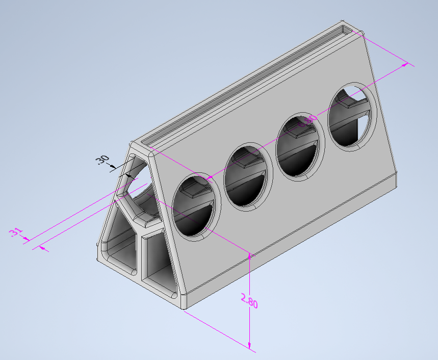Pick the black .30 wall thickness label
[102, 160]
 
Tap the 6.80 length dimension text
[308, 121]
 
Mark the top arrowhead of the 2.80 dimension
[249, 255]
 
